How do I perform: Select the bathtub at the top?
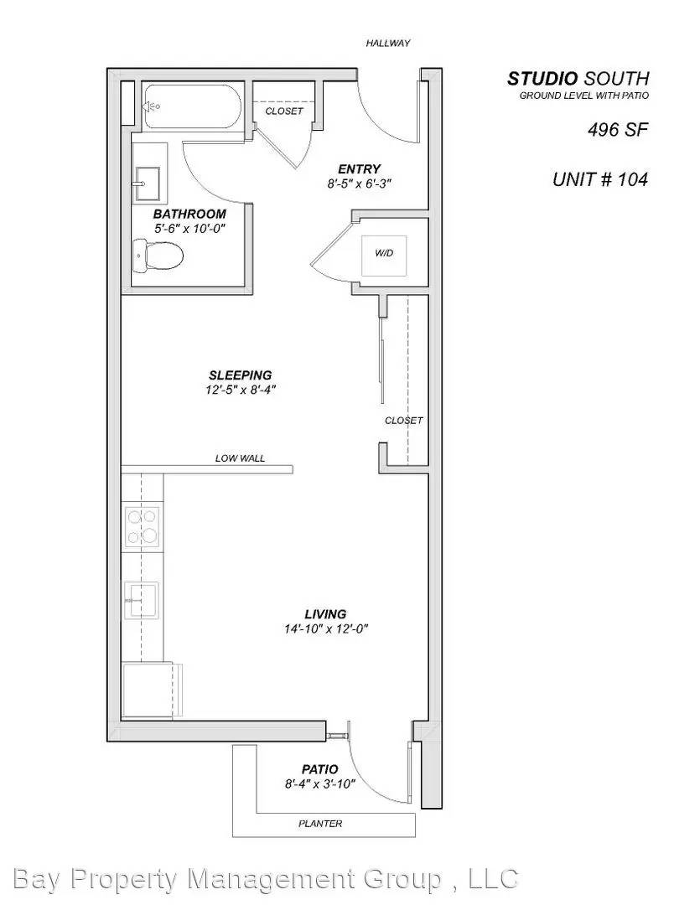192,106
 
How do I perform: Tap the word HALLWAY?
387,44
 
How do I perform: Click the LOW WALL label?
240,458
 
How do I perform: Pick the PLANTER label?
320,823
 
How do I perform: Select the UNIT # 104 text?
599,179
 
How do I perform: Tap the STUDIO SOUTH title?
578,79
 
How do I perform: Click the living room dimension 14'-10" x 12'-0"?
325,628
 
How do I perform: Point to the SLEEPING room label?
241,375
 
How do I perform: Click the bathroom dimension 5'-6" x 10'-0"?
189,228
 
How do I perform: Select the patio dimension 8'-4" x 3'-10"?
319,783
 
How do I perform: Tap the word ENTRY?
360,168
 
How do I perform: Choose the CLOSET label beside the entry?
284,111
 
